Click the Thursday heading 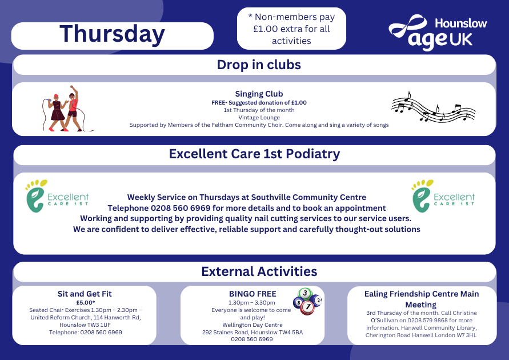tap(112, 34)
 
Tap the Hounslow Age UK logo tap(438, 33)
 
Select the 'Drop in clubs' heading tap(259, 65)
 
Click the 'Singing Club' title tap(259, 94)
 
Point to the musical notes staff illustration tap(434, 106)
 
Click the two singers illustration tap(66, 109)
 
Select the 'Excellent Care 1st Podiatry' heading tap(255, 154)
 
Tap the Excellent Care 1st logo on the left tap(57, 196)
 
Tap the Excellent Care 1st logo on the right tap(443, 196)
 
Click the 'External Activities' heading tap(259, 271)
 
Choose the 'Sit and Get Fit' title tap(85, 294)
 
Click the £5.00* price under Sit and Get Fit tap(86, 302)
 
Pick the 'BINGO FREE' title tap(253, 294)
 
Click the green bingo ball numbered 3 tap(305, 294)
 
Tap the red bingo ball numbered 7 tap(307, 307)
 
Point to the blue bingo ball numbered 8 tap(298, 303)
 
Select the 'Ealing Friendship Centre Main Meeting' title tap(422, 299)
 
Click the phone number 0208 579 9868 tap(427, 320)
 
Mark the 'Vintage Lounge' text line tap(259, 118)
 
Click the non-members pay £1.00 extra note tap(291, 29)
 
